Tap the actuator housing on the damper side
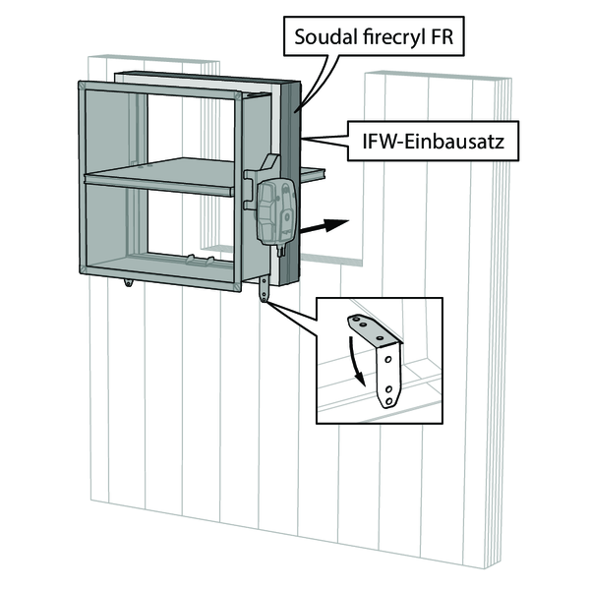click(274, 209)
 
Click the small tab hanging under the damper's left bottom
click(130, 284)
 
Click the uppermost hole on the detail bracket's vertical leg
click(391, 360)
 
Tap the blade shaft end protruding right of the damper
click(313, 176)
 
